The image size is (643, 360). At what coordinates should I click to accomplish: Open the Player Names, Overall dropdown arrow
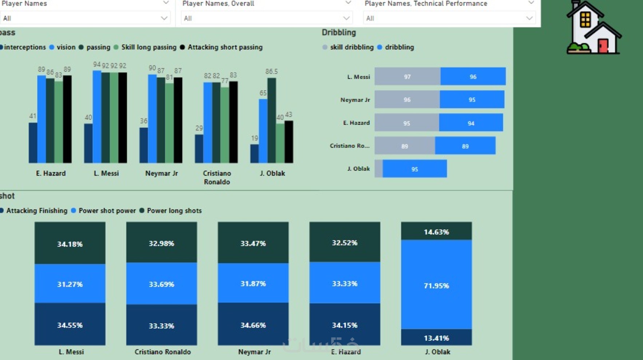tap(346, 18)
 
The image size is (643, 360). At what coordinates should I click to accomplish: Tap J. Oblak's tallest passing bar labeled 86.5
tap(271, 120)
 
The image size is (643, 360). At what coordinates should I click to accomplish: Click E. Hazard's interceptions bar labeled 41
tap(33, 143)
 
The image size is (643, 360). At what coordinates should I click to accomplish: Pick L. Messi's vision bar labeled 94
tap(97, 116)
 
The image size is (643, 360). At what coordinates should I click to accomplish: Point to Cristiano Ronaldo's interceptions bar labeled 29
tap(199, 148)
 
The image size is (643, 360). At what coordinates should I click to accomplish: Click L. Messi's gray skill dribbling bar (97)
tap(407, 76)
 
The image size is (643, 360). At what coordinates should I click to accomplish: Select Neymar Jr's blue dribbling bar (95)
tap(472, 100)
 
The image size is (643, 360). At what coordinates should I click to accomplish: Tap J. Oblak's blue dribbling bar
tap(414, 169)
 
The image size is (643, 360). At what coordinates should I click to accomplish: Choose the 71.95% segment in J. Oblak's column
tap(436, 285)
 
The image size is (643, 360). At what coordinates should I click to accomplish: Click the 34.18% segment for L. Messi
tap(70, 243)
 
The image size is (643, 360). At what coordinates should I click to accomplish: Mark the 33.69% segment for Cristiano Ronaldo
tap(162, 284)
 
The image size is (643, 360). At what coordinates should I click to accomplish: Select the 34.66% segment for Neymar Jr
tap(253, 324)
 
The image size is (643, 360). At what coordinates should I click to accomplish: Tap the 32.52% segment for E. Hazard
tap(345, 242)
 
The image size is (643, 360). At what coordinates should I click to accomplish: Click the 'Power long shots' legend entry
tap(174, 211)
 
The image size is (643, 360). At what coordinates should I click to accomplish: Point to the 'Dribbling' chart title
tap(339, 32)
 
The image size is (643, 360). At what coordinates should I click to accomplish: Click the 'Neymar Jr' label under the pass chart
tap(162, 173)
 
